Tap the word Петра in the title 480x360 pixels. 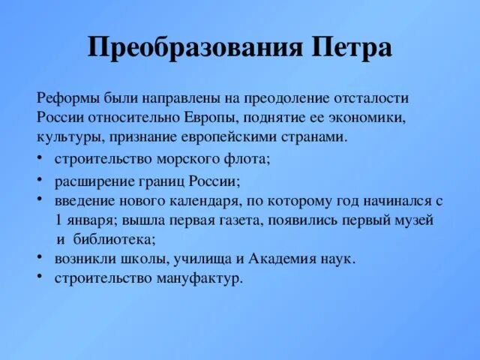[349, 49]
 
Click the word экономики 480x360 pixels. [371, 118]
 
